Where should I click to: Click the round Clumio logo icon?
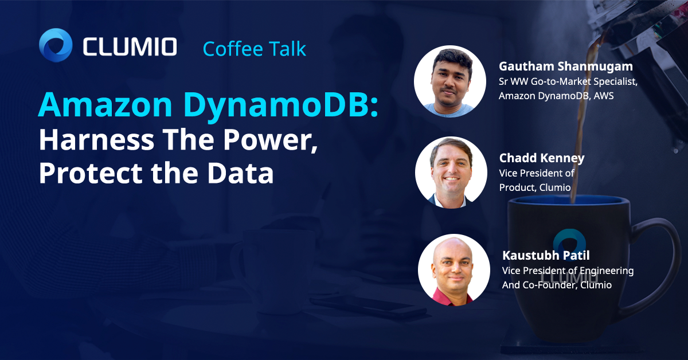[x=56, y=45]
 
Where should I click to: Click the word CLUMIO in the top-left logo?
[x=130, y=46]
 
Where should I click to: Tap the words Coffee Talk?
[x=255, y=49]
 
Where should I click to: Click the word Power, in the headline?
[x=278, y=140]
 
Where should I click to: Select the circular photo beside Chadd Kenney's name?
[x=451, y=172]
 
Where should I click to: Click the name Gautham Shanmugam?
[x=565, y=67]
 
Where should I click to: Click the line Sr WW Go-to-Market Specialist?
[x=568, y=81]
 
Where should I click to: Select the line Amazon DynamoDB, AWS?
[x=556, y=96]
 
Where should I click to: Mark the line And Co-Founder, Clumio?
[x=557, y=284]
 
